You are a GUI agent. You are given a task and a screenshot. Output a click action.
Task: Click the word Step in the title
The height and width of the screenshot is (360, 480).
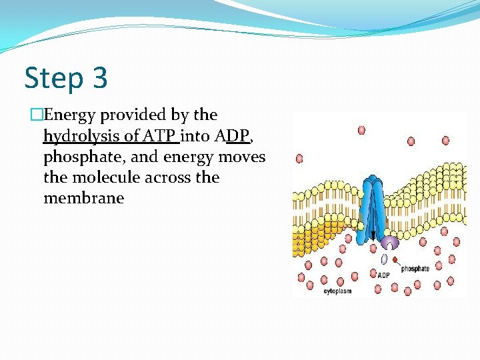(53, 79)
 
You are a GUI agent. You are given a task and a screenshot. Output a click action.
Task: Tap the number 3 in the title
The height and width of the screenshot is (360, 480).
(99, 79)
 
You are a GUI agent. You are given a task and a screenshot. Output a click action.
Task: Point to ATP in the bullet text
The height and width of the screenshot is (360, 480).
(161, 136)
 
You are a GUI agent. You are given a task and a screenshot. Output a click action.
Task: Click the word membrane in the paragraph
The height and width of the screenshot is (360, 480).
(83, 198)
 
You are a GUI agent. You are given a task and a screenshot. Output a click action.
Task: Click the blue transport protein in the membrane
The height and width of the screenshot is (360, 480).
(374, 207)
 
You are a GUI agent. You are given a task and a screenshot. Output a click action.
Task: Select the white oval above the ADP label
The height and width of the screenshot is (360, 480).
(384, 259)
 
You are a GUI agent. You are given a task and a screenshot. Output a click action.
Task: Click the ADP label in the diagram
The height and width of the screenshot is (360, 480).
(383, 275)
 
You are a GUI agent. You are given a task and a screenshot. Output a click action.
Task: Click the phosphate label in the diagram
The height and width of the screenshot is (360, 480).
(415, 269)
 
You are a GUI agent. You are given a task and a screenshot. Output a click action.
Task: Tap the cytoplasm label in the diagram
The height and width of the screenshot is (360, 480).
(337, 291)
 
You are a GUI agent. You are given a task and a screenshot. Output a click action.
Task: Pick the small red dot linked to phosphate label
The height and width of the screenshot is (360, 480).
(395, 259)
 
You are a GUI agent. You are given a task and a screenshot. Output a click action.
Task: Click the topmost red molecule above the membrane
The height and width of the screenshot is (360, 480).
(361, 130)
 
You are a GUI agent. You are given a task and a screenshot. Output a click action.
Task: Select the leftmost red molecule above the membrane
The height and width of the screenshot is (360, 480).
(299, 159)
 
